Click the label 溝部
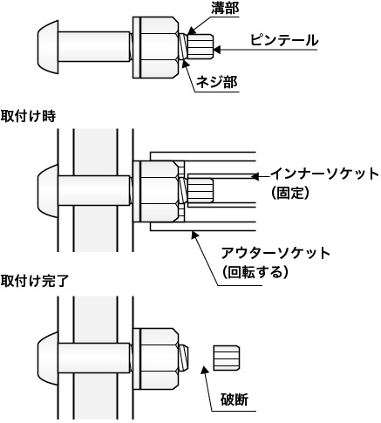(225, 9)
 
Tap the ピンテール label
(284, 40)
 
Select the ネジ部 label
(216, 82)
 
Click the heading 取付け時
(28, 117)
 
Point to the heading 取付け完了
(35, 281)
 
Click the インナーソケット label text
(324, 174)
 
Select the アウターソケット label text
(276, 253)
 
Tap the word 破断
(235, 399)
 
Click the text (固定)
(289, 193)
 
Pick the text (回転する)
(255, 272)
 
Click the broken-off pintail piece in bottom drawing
(227, 358)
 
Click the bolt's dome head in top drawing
(48, 47)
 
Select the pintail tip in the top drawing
(201, 46)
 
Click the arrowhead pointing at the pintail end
(218, 50)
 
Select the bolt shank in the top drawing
(94, 46)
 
